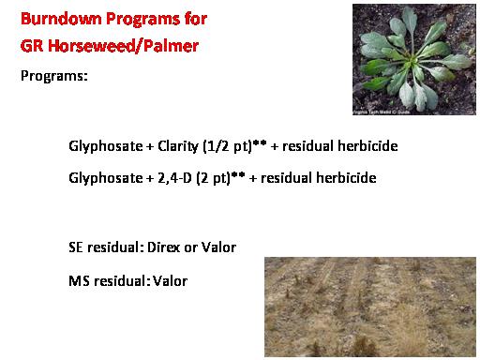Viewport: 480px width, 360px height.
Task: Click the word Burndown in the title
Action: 61,19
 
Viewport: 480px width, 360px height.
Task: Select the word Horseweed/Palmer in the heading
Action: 123,46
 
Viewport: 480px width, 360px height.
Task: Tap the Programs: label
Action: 54,76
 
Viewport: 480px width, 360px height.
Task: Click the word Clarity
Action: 178,146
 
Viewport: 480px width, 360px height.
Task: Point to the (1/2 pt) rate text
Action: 227,146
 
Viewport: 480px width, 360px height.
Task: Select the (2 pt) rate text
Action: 213,178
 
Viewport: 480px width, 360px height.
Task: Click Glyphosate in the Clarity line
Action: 106,146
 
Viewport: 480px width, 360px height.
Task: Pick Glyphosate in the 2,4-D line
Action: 106,178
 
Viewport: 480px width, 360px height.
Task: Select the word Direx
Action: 163,247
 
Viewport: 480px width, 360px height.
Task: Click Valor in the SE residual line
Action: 218,247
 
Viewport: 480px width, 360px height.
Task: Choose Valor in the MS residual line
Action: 170,281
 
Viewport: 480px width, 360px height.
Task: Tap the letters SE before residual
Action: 76,247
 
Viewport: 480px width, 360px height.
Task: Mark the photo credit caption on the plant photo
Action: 382,112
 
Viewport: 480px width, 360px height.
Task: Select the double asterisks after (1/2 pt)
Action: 260,142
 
